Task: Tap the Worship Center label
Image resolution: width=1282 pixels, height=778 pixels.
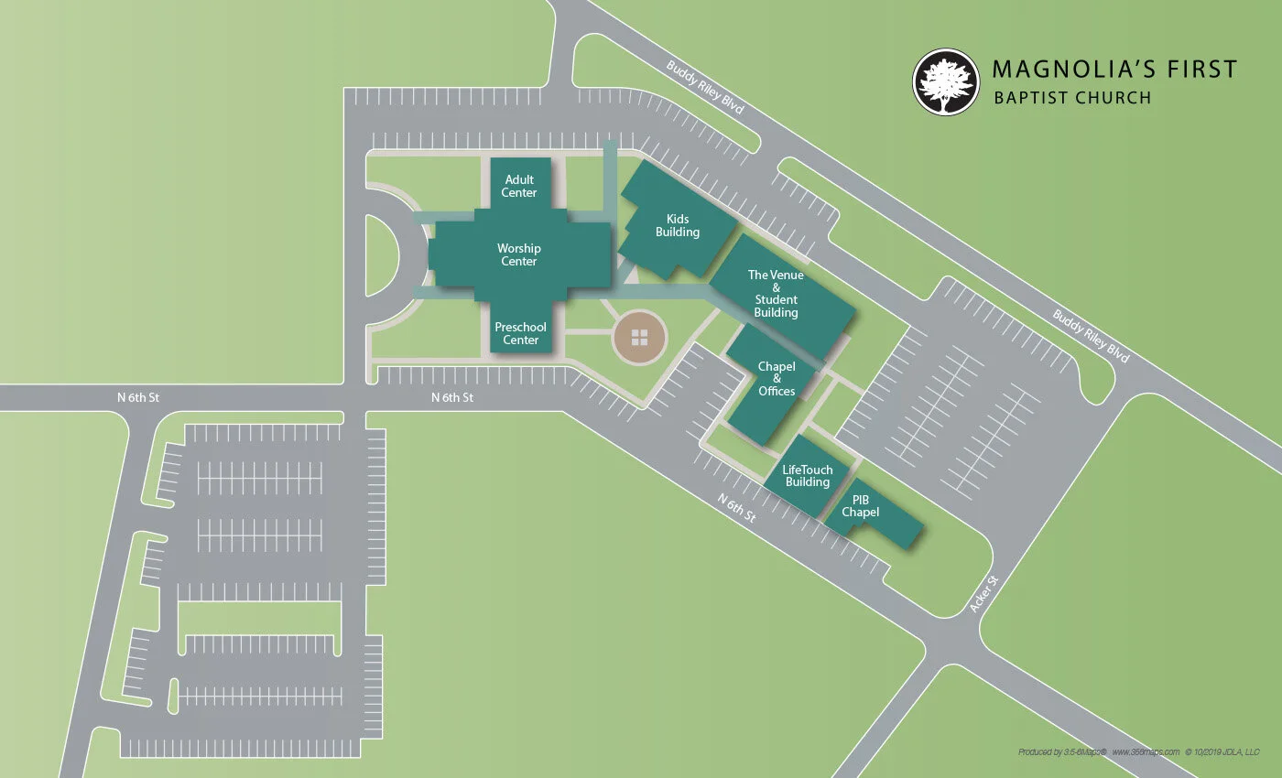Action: click(518, 254)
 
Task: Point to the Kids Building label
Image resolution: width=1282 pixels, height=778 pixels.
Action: click(678, 226)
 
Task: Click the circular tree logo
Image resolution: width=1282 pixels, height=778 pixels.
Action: click(946, 81)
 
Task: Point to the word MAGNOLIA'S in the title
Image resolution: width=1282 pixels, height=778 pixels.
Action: click(1062, 70)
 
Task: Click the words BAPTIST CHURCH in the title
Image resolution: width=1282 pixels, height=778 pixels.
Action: click(1072, 98)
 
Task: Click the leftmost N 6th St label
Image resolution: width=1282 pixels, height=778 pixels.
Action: click(138, 397)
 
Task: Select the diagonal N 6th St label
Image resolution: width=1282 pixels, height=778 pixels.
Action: click(737, 508)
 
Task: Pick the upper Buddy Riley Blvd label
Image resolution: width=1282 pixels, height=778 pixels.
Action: click(705, 88)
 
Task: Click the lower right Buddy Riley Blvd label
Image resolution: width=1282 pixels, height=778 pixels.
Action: click(1091, 337)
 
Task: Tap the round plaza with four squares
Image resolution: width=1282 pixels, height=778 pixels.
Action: click(639, 337)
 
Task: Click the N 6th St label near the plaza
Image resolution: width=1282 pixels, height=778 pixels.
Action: click(452, 397)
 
